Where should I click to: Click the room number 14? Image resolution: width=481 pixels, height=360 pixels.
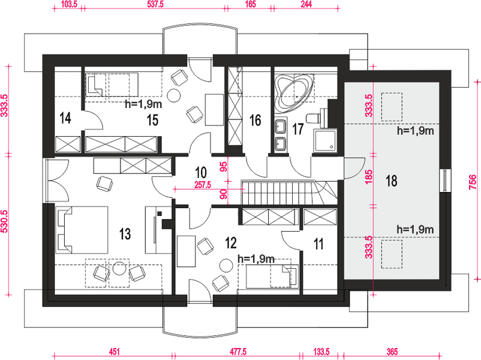(65, 118)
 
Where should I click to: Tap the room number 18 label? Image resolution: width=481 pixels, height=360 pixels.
(392, 181)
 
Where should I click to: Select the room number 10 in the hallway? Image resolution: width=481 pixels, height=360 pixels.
(201, 172)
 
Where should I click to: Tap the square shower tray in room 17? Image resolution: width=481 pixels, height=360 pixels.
(325, 140)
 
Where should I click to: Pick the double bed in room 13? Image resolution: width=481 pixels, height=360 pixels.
(82, 230)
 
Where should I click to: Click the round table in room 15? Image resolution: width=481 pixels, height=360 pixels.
(173, 95)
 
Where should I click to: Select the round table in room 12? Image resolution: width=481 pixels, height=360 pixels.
(226, 265)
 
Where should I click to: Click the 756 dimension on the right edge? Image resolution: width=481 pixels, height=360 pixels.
(473, 182)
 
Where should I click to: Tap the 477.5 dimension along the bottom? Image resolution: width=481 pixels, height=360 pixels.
(238, 352)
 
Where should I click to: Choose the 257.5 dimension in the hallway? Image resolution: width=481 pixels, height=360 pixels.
(203, 185)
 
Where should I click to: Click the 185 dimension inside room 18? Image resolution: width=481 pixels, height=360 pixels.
(369, 176)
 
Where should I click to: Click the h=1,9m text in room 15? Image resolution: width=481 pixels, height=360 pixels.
(143, 104)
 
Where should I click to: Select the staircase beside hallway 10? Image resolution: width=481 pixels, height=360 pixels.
(289, 193)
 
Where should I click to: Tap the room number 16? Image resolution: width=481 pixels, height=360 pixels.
(255, 121)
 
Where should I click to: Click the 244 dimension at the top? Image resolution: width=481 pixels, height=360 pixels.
(306, 4)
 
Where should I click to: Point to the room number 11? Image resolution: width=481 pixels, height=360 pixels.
(318, 244)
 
